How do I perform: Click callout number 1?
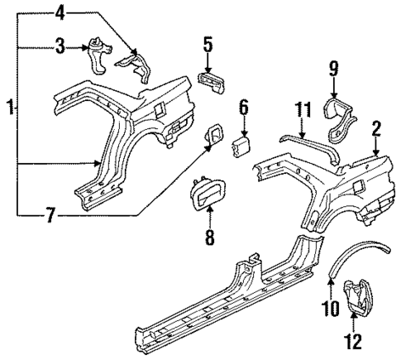(9, 108)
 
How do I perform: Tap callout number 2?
(375, 127)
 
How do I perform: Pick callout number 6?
(243, 107)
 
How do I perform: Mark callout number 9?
(333, 67)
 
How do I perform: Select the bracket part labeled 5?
(211, 81)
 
